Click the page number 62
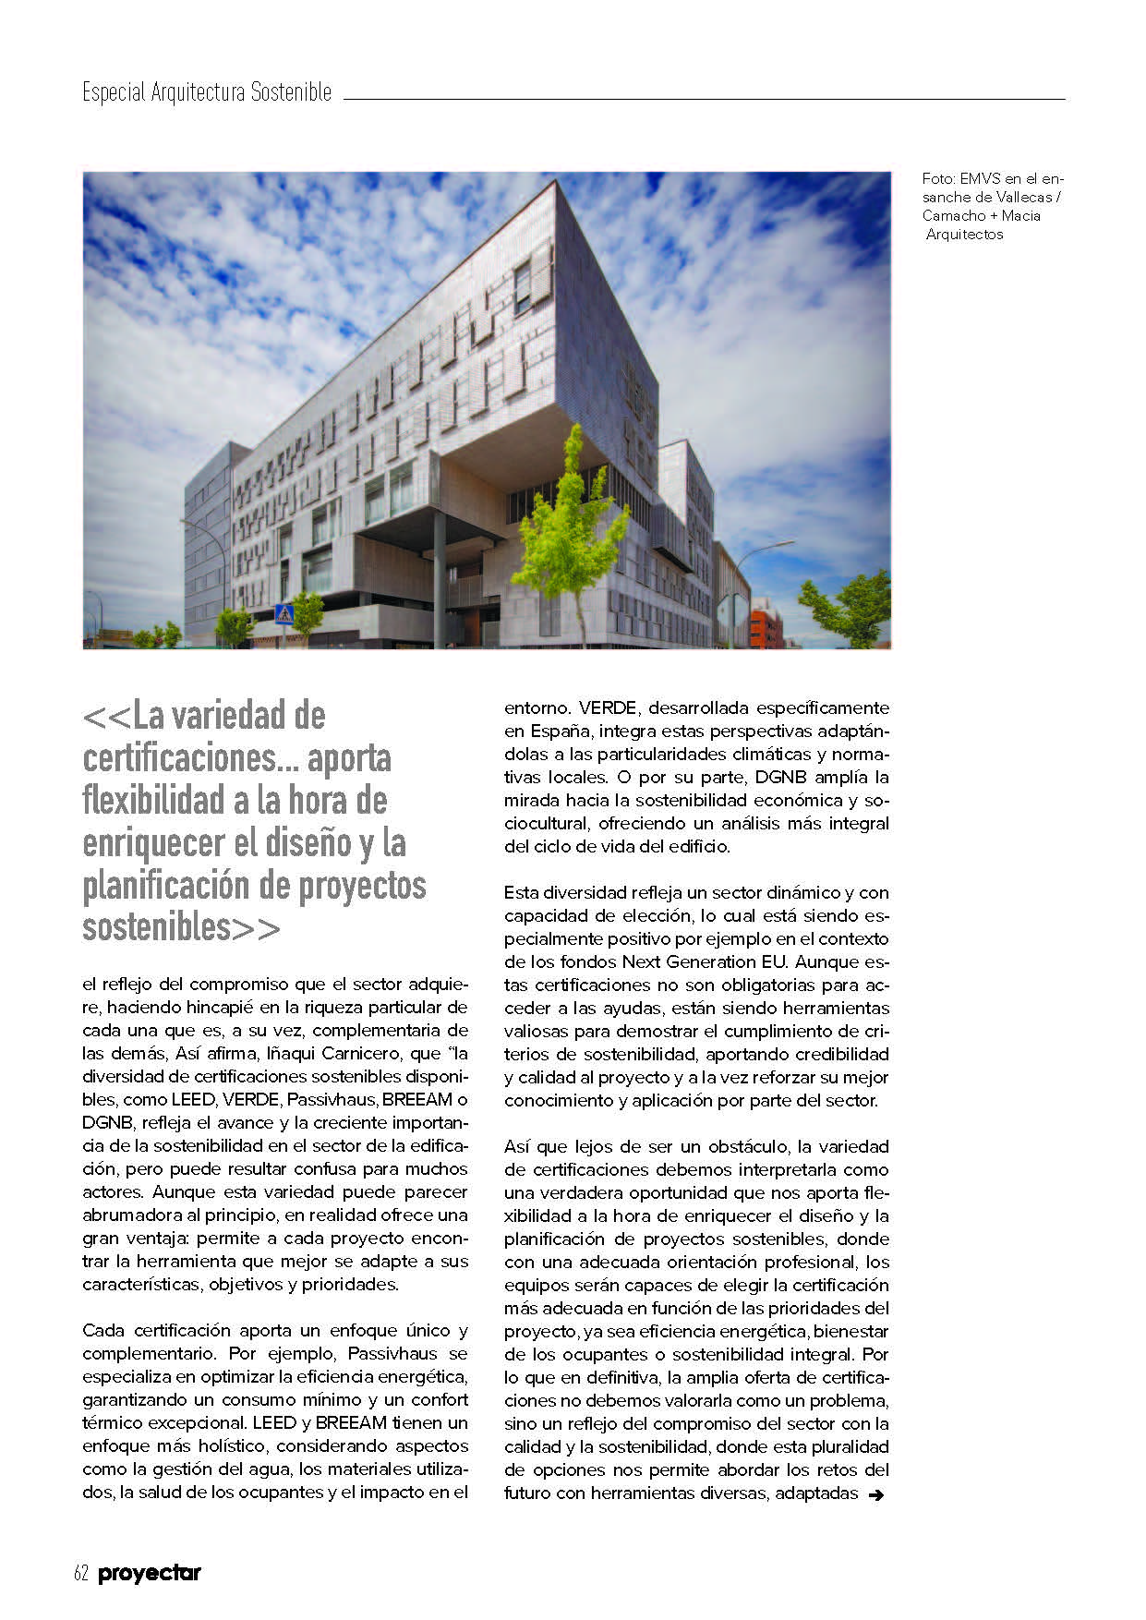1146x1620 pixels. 80,1573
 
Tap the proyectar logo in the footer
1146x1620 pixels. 150,1573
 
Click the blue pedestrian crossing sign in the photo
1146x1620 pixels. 284,614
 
